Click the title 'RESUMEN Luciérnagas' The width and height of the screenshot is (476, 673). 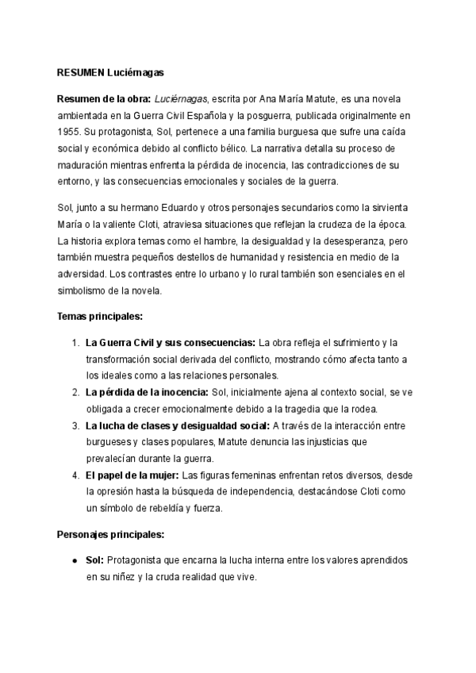click(x=110, y=71)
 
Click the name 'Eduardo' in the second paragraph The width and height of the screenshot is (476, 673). click(x=143, y=206)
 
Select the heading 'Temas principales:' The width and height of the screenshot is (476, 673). click(x=99, y=316)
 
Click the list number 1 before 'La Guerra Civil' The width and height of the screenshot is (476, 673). click(x=74, y=343)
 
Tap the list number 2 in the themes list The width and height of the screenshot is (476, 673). click(x=74, y=392)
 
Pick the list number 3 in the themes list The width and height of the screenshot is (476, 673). click(x=74, y=425)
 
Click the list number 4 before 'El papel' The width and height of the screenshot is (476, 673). click(x=74, y=475)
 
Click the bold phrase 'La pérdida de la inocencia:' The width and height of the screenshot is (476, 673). click(x=147, y=392)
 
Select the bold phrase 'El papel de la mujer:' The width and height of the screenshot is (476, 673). click(x=132, y=475)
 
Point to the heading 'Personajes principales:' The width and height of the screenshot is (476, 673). click(x=110, y=535)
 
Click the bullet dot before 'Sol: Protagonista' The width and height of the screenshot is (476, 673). click(x=74, y=561)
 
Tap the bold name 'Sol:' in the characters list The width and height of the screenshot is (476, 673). click(x=95, y=561)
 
